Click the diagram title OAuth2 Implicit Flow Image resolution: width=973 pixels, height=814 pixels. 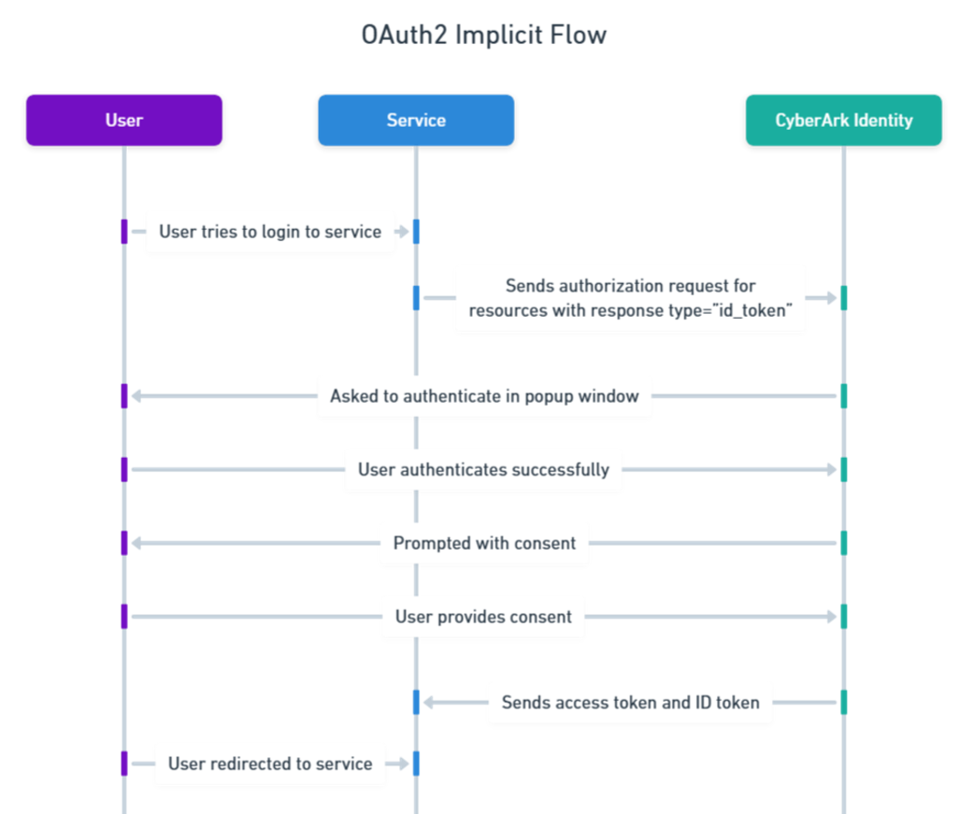coord(484,36)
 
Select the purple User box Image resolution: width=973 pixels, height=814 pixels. coord(124,121)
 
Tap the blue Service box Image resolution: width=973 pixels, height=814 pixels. coord(416,121)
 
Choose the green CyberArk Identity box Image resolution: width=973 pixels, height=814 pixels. coord(843,121)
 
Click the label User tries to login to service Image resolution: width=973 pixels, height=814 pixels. coord(270,232)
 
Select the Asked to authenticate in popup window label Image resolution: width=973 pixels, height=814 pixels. coord(484,396)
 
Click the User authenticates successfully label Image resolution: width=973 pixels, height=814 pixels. coord(483,469)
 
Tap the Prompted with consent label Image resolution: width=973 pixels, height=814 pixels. coord(484,543)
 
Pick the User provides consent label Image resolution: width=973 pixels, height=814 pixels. coord(483,617)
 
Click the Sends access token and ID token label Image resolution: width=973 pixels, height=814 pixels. coord(630,702)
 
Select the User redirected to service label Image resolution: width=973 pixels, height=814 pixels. coord(270,764)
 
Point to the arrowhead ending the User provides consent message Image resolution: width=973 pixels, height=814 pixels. coord(831,617)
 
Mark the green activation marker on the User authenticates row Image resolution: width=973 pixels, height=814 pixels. coord(843,469)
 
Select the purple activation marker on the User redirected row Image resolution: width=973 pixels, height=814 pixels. coord(123,764)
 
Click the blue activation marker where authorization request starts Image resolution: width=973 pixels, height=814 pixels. coord(416,298)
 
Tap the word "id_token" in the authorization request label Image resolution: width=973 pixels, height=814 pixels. coord(757,311)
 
